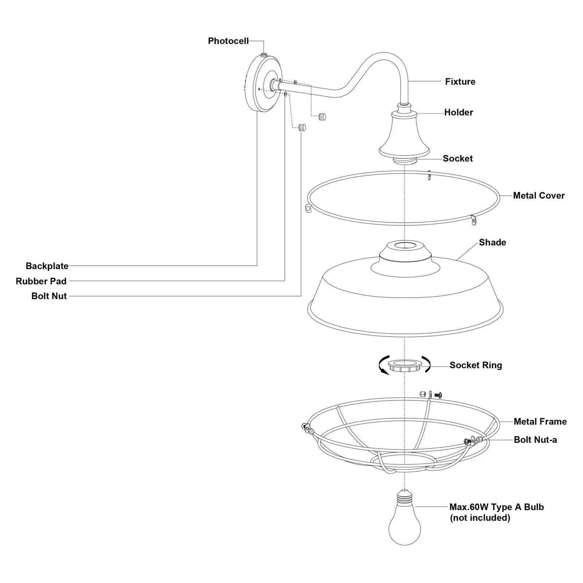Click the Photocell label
coord(228,41)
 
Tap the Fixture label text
coord(460,82)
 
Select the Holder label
coord(458,112)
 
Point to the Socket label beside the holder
coord(458,159)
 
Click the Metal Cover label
coord(539,196)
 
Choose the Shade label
coord(492,242)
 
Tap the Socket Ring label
coord(476,365)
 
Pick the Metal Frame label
coord(540,422)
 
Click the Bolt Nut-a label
coord(535,440)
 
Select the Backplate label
coord(47,266)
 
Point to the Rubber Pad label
coord(41,281)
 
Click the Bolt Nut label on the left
coord(49,296)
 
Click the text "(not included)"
coord(480,518)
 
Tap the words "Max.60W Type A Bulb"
coord(496,507)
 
